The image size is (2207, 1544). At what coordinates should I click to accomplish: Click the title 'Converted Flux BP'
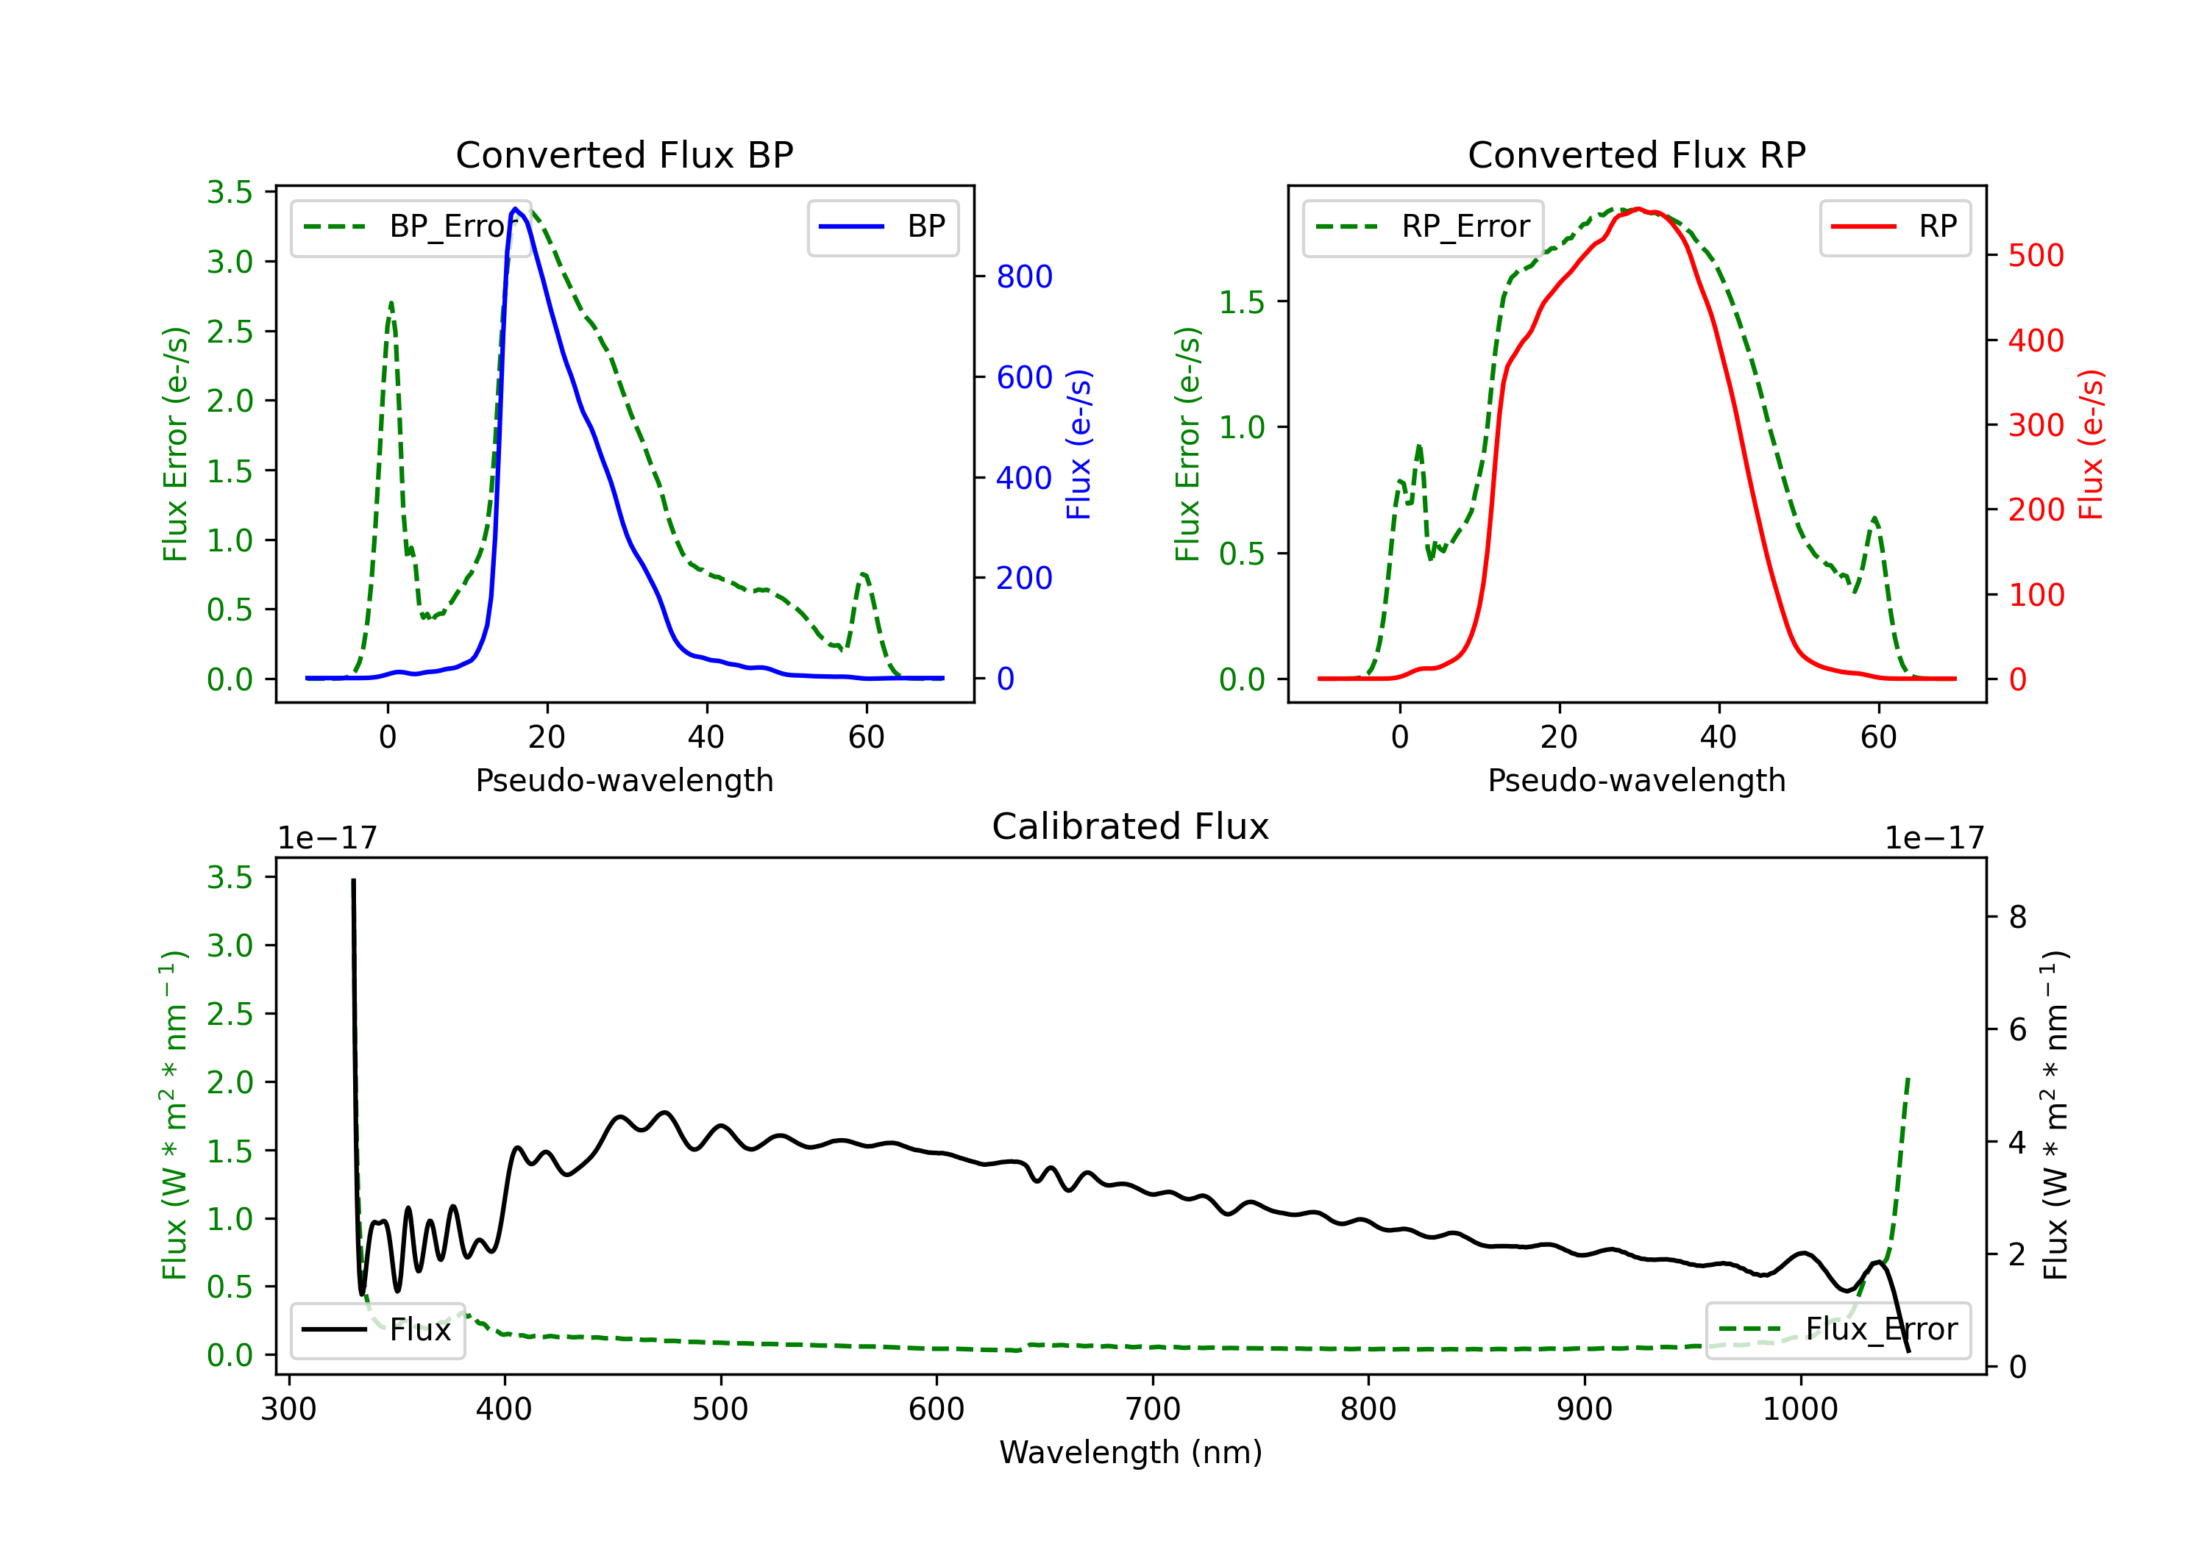point(624,154)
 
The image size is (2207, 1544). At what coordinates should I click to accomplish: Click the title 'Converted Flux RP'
point(1636,154)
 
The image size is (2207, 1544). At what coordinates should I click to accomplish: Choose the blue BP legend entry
point(882,226)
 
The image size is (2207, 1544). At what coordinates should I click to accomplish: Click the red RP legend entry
point(1894,226)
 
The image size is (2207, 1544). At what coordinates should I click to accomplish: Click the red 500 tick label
point(2036,256)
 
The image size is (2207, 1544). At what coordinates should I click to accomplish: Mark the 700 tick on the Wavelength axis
point(1153,1409)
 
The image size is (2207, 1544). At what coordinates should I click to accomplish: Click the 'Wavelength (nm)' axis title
point(1131,1452)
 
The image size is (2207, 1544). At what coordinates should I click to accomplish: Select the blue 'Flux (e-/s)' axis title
point(1079,444)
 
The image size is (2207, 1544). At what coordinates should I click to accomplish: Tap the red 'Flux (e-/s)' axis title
point(2092,444)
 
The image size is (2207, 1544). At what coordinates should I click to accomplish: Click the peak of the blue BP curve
point(515,209)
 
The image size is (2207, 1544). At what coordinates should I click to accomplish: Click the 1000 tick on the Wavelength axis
point(1799,1409)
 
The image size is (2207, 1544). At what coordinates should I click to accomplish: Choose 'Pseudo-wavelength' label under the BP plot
point(624,780)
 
